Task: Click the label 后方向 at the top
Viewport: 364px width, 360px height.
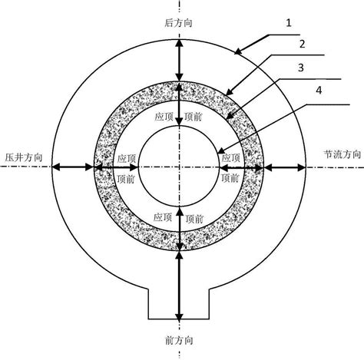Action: point(178,23)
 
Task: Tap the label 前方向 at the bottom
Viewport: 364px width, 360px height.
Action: point(179,341)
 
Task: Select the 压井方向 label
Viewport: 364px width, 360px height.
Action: point(24,157)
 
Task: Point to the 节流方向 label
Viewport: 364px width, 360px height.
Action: point(342,154)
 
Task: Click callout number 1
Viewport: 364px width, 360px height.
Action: point(289,23)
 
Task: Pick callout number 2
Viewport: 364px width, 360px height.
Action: point(303,44)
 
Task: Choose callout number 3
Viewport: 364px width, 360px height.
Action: point(301,68)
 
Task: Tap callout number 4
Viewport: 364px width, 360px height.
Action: point(319,90)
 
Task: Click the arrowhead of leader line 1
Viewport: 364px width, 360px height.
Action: point(236,53)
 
